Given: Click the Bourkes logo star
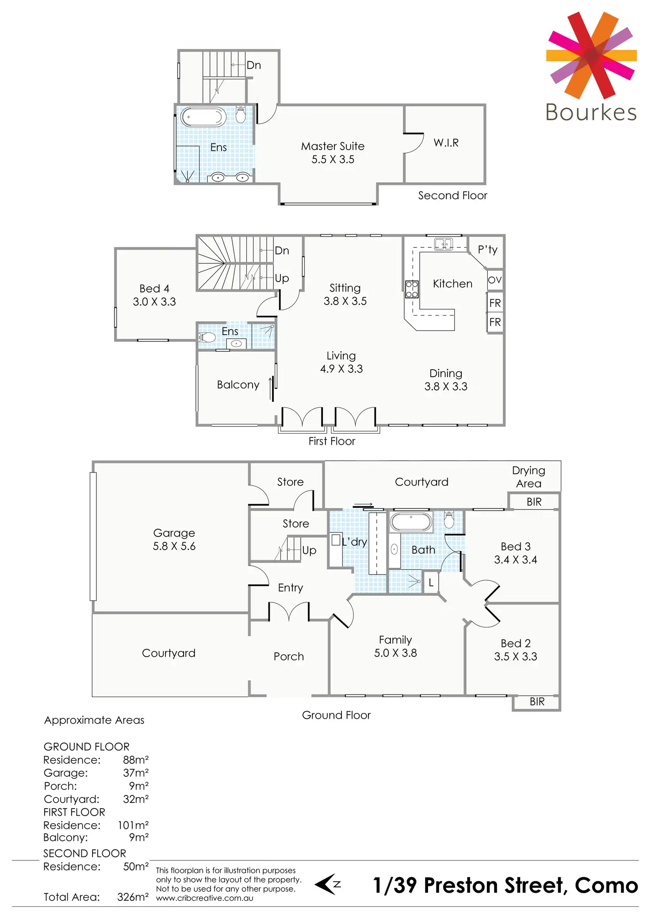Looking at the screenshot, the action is pos(591,55).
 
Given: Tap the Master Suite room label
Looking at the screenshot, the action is pos(333,152).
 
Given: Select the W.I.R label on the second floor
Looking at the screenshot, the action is pos(446,143).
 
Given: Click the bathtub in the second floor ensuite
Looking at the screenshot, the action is pos(203,117).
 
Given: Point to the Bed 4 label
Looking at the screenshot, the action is pos(154,295).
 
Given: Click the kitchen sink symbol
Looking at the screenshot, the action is pos(443,244).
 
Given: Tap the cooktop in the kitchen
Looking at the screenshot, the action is pos(412,289).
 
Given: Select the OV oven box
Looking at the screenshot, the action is pos(495,280).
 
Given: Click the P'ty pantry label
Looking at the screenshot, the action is pos(487,250).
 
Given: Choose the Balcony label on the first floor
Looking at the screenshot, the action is pos(238,385).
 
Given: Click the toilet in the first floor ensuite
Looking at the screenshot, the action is pos(207,338).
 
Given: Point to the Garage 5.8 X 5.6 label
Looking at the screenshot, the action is pos(174,539).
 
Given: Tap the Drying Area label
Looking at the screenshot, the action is pos(528,477).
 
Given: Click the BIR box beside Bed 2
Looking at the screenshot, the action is pos(536,701).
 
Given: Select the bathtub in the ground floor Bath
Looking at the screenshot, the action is pos(411,522).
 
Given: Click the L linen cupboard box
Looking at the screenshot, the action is pos(431,583).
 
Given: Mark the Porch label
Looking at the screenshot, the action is pos(288,656).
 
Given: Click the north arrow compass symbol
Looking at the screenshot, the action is pos(328,885).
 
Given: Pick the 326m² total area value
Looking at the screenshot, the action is pos(133,897).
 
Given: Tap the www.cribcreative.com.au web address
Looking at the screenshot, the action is pos(204,898).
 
